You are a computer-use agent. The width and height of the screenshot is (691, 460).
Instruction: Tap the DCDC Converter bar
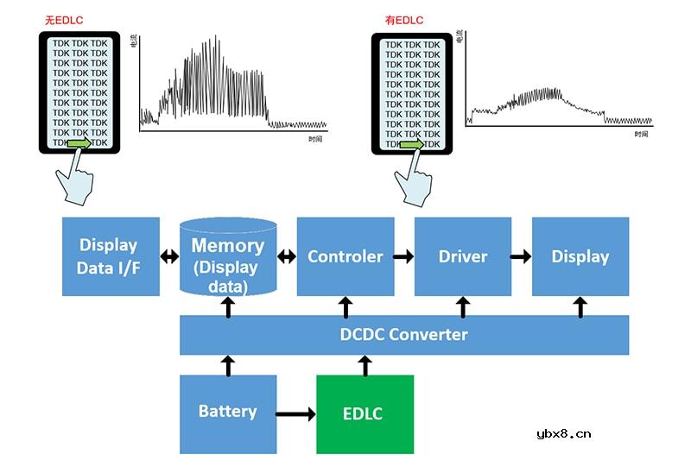tap(403, 334)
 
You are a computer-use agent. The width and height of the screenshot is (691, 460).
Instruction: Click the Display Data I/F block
tap(111, 256)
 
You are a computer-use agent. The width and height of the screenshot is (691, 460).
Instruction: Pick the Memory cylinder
tap(228, 256)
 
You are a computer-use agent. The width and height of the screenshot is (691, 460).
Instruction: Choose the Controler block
tap(345, 256)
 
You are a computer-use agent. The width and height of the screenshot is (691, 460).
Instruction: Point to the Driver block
tap(463, 256)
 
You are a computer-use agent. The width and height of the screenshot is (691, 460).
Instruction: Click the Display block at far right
tap(580, 256)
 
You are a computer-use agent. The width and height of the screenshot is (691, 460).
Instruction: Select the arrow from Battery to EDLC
tap(296, 414)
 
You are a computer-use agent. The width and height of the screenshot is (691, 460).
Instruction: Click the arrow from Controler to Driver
tap(404, 256)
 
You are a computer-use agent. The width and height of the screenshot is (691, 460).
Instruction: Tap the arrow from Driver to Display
tap(522, 256)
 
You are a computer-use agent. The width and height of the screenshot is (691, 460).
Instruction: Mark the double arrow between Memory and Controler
tap(287, 256)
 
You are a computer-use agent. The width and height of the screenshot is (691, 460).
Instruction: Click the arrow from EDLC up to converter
tap(365, 365)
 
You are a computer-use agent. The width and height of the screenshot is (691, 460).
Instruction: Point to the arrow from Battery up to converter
tap(228, 365)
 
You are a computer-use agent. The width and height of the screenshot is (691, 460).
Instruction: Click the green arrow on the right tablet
tap(412, 144)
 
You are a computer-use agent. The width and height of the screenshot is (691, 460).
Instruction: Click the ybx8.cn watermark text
tap(563, 434)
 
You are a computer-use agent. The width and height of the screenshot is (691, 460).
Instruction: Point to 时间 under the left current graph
tap(315, 138)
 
